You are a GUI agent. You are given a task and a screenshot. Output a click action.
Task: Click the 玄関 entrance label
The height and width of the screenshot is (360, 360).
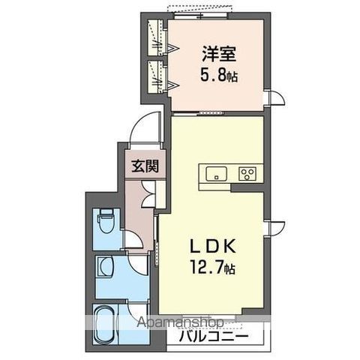click(x=145, y=166)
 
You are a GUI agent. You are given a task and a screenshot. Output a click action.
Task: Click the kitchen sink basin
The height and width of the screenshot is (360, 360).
click(x=215, y=174)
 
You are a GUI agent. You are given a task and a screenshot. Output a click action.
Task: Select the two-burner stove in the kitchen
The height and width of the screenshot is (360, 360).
click(x=247, y=174)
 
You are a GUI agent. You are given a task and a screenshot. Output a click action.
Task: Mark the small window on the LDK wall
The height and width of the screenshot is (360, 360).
click(x=276, y=225)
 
